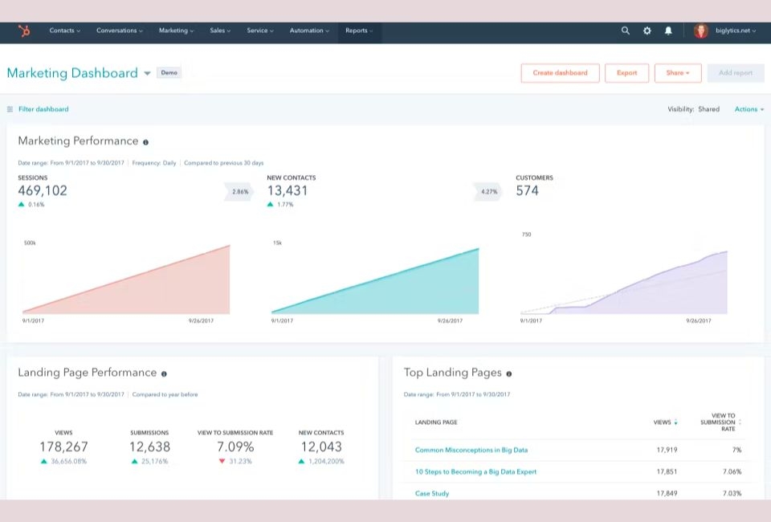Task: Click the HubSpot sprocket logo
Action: point(25,31)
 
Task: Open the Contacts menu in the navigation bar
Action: point(64,31)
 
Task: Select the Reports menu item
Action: point(358,31)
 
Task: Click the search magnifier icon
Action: point(626,31)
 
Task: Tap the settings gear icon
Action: point(647,31)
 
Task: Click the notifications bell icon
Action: point(668,31)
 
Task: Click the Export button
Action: point(626,73)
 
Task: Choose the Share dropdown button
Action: point(678,73)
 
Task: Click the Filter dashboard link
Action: point(43,109)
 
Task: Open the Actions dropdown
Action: point(749,109)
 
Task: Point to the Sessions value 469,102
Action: point(43,191)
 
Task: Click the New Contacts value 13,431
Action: point(288,191)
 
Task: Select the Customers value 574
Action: point(528,191)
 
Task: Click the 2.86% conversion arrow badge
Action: point(240,192)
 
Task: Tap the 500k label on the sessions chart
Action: point(30,243)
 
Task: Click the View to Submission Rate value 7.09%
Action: point(235,447)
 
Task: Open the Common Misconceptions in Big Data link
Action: point(471,451)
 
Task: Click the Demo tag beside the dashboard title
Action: point(169,73)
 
